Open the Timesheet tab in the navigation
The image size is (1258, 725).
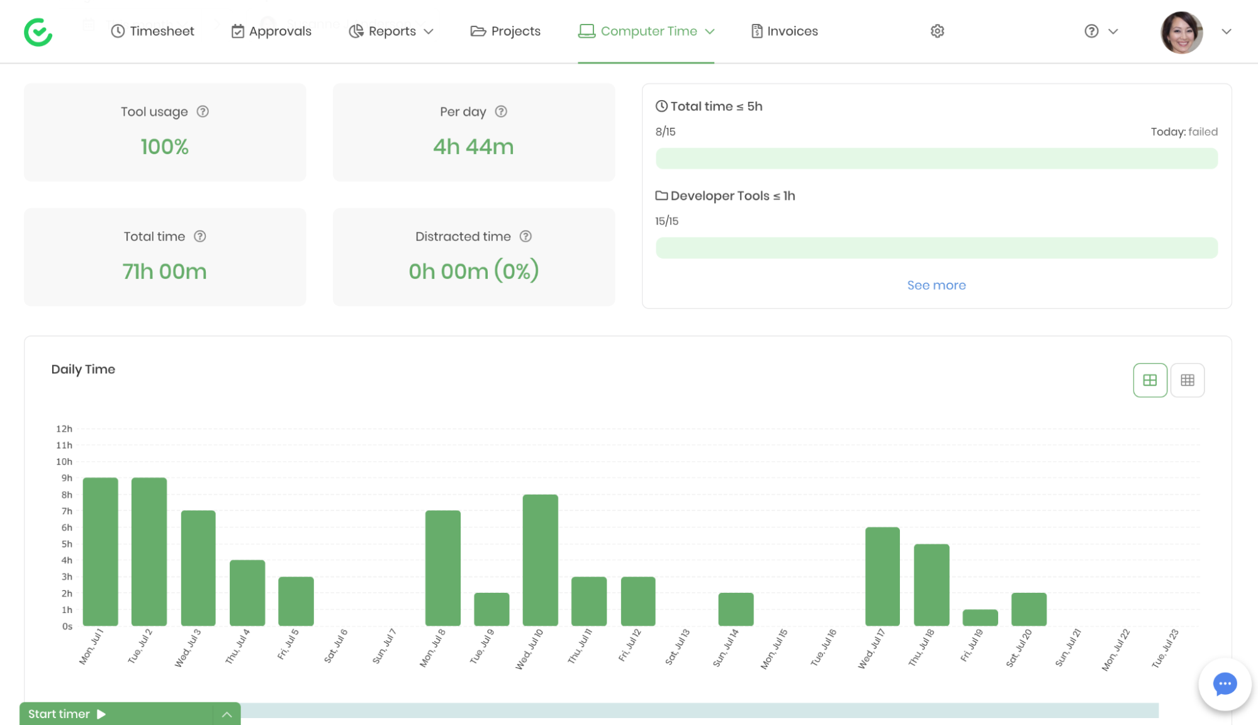coord(153,31)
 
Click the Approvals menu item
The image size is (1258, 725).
coord(271,31)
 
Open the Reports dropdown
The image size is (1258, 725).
coord(391,31)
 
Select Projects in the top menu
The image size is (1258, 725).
coord(505,31)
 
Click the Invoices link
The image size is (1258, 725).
coord(785,31)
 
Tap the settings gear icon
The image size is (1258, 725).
coord(937,31)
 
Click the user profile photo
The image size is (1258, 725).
coord(1181,32)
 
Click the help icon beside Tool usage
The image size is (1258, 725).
coord(203,111)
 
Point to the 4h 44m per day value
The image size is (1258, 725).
coord(473,147)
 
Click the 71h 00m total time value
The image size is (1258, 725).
coord(164,271)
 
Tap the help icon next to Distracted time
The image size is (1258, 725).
coord(525,236)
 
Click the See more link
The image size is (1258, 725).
coord(936,285)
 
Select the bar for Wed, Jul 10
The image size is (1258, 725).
coord(540,560)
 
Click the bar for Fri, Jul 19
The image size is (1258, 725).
coord(980,617)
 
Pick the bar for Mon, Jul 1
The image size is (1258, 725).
coord(101,551)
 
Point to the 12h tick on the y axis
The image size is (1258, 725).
coord(64,429)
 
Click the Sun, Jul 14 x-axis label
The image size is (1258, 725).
coord(726,648)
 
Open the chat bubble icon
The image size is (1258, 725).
coord(1225,684)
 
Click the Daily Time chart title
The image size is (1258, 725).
coord(83,369)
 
